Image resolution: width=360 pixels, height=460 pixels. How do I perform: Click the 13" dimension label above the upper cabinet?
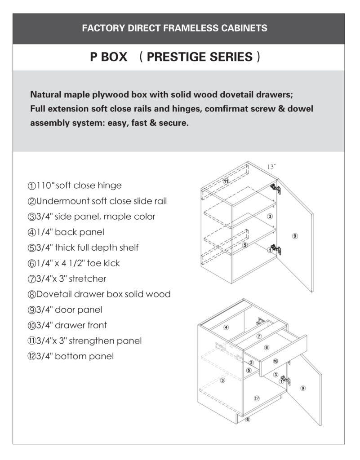(x=271, y=167)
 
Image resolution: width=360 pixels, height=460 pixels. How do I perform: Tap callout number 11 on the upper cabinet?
(x=227, y=181)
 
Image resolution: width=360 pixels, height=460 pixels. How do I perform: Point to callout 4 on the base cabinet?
(x=227, y=327)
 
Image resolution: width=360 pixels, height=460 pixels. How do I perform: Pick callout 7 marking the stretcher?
(x=259, y=336)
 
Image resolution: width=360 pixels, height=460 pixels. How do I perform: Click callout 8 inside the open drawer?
(x=267, y=347)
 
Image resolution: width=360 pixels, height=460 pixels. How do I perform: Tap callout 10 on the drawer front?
(x=276, y=361)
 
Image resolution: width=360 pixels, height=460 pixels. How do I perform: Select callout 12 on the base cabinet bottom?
(x=257, y=398)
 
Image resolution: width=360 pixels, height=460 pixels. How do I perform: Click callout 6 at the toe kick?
(x=247, y=420)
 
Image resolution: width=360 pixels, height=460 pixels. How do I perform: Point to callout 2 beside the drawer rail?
(x=251, y=363)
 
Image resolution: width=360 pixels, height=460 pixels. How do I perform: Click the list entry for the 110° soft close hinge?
(x=75, y=186)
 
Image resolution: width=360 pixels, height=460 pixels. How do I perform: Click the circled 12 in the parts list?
(x=31, y=357)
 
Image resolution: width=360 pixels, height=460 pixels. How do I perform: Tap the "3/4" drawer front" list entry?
(x=67, y=325)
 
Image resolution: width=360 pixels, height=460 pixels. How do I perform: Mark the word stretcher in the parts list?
(x=88, y=279)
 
